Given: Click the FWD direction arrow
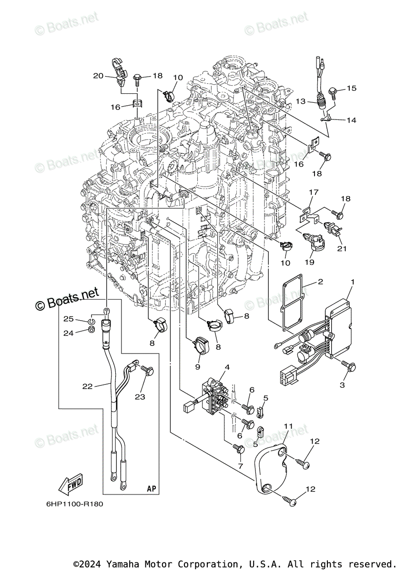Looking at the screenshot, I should point(70,485).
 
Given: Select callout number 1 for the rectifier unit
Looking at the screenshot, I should point(353,282).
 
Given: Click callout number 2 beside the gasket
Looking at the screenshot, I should point(321,282).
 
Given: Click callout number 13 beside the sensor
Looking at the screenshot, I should point(300,101).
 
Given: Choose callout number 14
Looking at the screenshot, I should point(351,120).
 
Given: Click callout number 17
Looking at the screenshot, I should point(313,192).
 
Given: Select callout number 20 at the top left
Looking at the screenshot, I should point(98,76).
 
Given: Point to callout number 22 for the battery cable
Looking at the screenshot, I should point(87,386).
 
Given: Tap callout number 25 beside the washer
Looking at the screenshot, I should point(69,318).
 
